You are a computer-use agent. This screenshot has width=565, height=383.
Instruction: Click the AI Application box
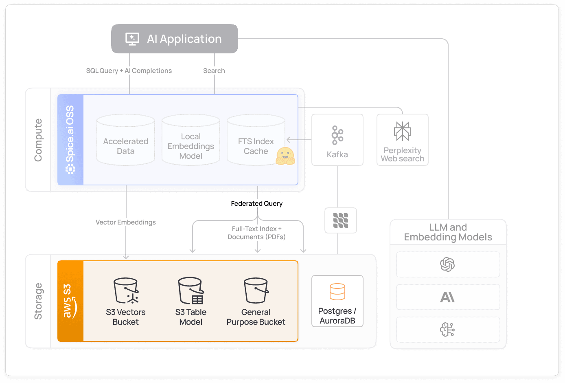tap(175, 39)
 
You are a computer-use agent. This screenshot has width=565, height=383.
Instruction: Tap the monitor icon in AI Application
tap(132, 39)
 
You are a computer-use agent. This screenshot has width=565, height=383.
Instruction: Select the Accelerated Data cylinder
tap(126, 141)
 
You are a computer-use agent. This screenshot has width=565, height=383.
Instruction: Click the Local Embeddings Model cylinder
tap(191, 141)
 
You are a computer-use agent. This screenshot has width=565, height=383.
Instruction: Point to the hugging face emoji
tap(285, 156)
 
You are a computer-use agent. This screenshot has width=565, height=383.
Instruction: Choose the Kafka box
tap(337, 140)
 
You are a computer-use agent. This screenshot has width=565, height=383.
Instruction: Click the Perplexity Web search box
tap(402, 140)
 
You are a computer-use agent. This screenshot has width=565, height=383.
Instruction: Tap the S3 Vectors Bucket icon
tap(126, 291)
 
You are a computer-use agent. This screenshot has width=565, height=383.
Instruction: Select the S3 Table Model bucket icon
tap(191, 291)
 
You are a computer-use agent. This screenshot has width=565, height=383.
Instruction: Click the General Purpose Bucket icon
tap(256, 291)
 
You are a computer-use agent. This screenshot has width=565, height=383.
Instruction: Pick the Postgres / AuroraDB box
tap(337, 301)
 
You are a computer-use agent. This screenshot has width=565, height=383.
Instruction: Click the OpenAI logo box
tap(448, 264)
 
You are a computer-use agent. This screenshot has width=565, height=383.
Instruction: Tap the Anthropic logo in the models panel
tap(448, 297)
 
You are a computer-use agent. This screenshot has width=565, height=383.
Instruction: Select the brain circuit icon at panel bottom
tap(448, 330)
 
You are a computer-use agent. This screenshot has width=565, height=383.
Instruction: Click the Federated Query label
tap(256, 203)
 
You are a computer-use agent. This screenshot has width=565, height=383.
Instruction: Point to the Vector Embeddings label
tap(125, 222)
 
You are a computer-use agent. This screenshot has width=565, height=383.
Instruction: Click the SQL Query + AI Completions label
tap(129, 70)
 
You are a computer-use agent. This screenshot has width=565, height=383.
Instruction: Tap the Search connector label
tap(214, 70)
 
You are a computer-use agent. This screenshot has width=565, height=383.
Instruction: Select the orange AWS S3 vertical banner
tap(70, 301)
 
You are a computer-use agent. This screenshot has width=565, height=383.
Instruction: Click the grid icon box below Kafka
tap(341, 220)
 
